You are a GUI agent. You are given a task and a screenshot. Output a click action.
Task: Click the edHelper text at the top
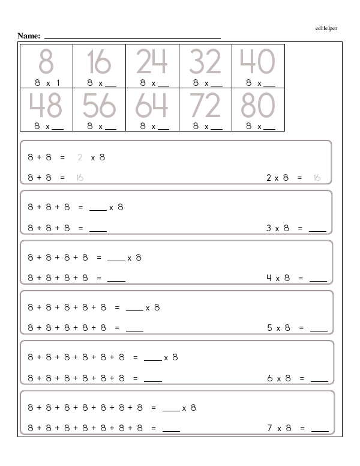[x=326, y=28]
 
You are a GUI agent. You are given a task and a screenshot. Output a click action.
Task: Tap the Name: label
[x=29, y=36]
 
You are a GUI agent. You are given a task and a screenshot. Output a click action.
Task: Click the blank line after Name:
[x=132, y=38]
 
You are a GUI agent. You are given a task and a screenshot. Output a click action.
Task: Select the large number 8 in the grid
[x=46, y=62]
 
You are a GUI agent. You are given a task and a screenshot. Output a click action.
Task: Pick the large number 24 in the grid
[x=152, y=62]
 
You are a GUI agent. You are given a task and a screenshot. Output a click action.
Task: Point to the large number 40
[x=257, y=62]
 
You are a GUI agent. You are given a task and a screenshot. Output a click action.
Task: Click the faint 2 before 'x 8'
[x=80, y=157]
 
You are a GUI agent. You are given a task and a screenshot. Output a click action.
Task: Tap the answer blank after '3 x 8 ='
[x=318, y=229]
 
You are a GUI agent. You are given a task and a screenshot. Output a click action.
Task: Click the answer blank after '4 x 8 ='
[x=318, y=279]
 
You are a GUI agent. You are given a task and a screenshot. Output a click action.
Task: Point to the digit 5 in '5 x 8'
[x=270, y=328]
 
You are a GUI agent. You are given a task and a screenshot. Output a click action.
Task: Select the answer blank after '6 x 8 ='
[x=319, y=380]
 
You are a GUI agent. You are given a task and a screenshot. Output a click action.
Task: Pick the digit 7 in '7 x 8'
[x=270, y=428]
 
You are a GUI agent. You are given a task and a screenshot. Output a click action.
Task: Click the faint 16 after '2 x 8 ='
[x=317, y=178]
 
